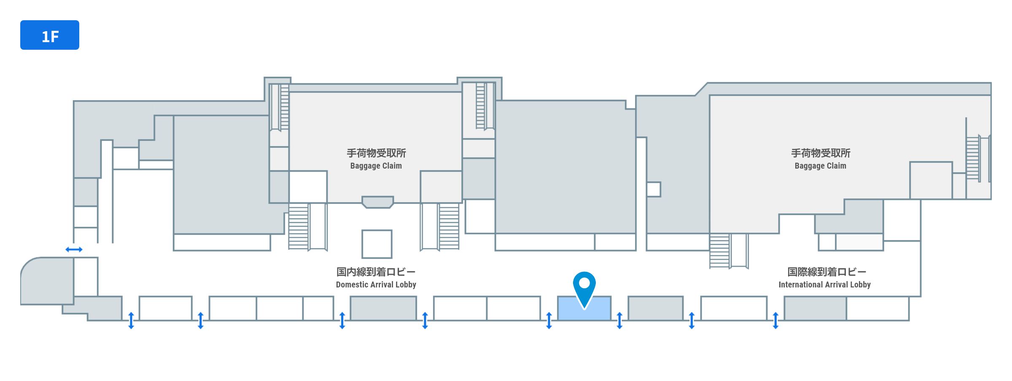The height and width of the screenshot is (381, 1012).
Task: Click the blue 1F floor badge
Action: point(50,35)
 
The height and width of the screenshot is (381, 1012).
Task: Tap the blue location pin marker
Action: point(584,287)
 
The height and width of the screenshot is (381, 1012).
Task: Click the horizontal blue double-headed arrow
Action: point(74,250)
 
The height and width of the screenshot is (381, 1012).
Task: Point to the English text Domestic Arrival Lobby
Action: point(376,285)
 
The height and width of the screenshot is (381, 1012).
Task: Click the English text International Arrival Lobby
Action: point(824,285)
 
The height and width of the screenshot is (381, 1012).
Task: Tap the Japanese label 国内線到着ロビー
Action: point(376,272)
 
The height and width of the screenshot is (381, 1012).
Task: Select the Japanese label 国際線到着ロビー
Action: point(826,272)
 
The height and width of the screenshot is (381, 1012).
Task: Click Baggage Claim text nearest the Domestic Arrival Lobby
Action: point(376,166)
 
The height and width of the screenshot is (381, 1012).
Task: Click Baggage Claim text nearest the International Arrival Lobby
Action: point(820,166)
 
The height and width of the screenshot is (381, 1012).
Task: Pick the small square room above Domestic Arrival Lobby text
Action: point(377,244)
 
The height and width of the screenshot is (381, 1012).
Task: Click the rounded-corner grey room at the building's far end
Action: point(46,281)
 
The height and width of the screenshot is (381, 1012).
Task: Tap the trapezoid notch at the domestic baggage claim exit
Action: point(377,202)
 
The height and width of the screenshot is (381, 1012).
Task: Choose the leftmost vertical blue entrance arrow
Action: point(131,320)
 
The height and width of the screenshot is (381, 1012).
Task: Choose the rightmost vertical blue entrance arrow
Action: point(775,320)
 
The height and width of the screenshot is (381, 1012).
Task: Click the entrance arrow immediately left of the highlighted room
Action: point(549,320)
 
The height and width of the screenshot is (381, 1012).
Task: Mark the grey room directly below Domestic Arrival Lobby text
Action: point(383,308)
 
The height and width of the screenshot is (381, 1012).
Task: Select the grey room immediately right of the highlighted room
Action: point(655,308)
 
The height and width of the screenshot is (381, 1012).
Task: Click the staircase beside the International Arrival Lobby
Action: point(719,251)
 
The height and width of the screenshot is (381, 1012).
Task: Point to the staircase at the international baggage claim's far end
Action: point(973,158)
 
